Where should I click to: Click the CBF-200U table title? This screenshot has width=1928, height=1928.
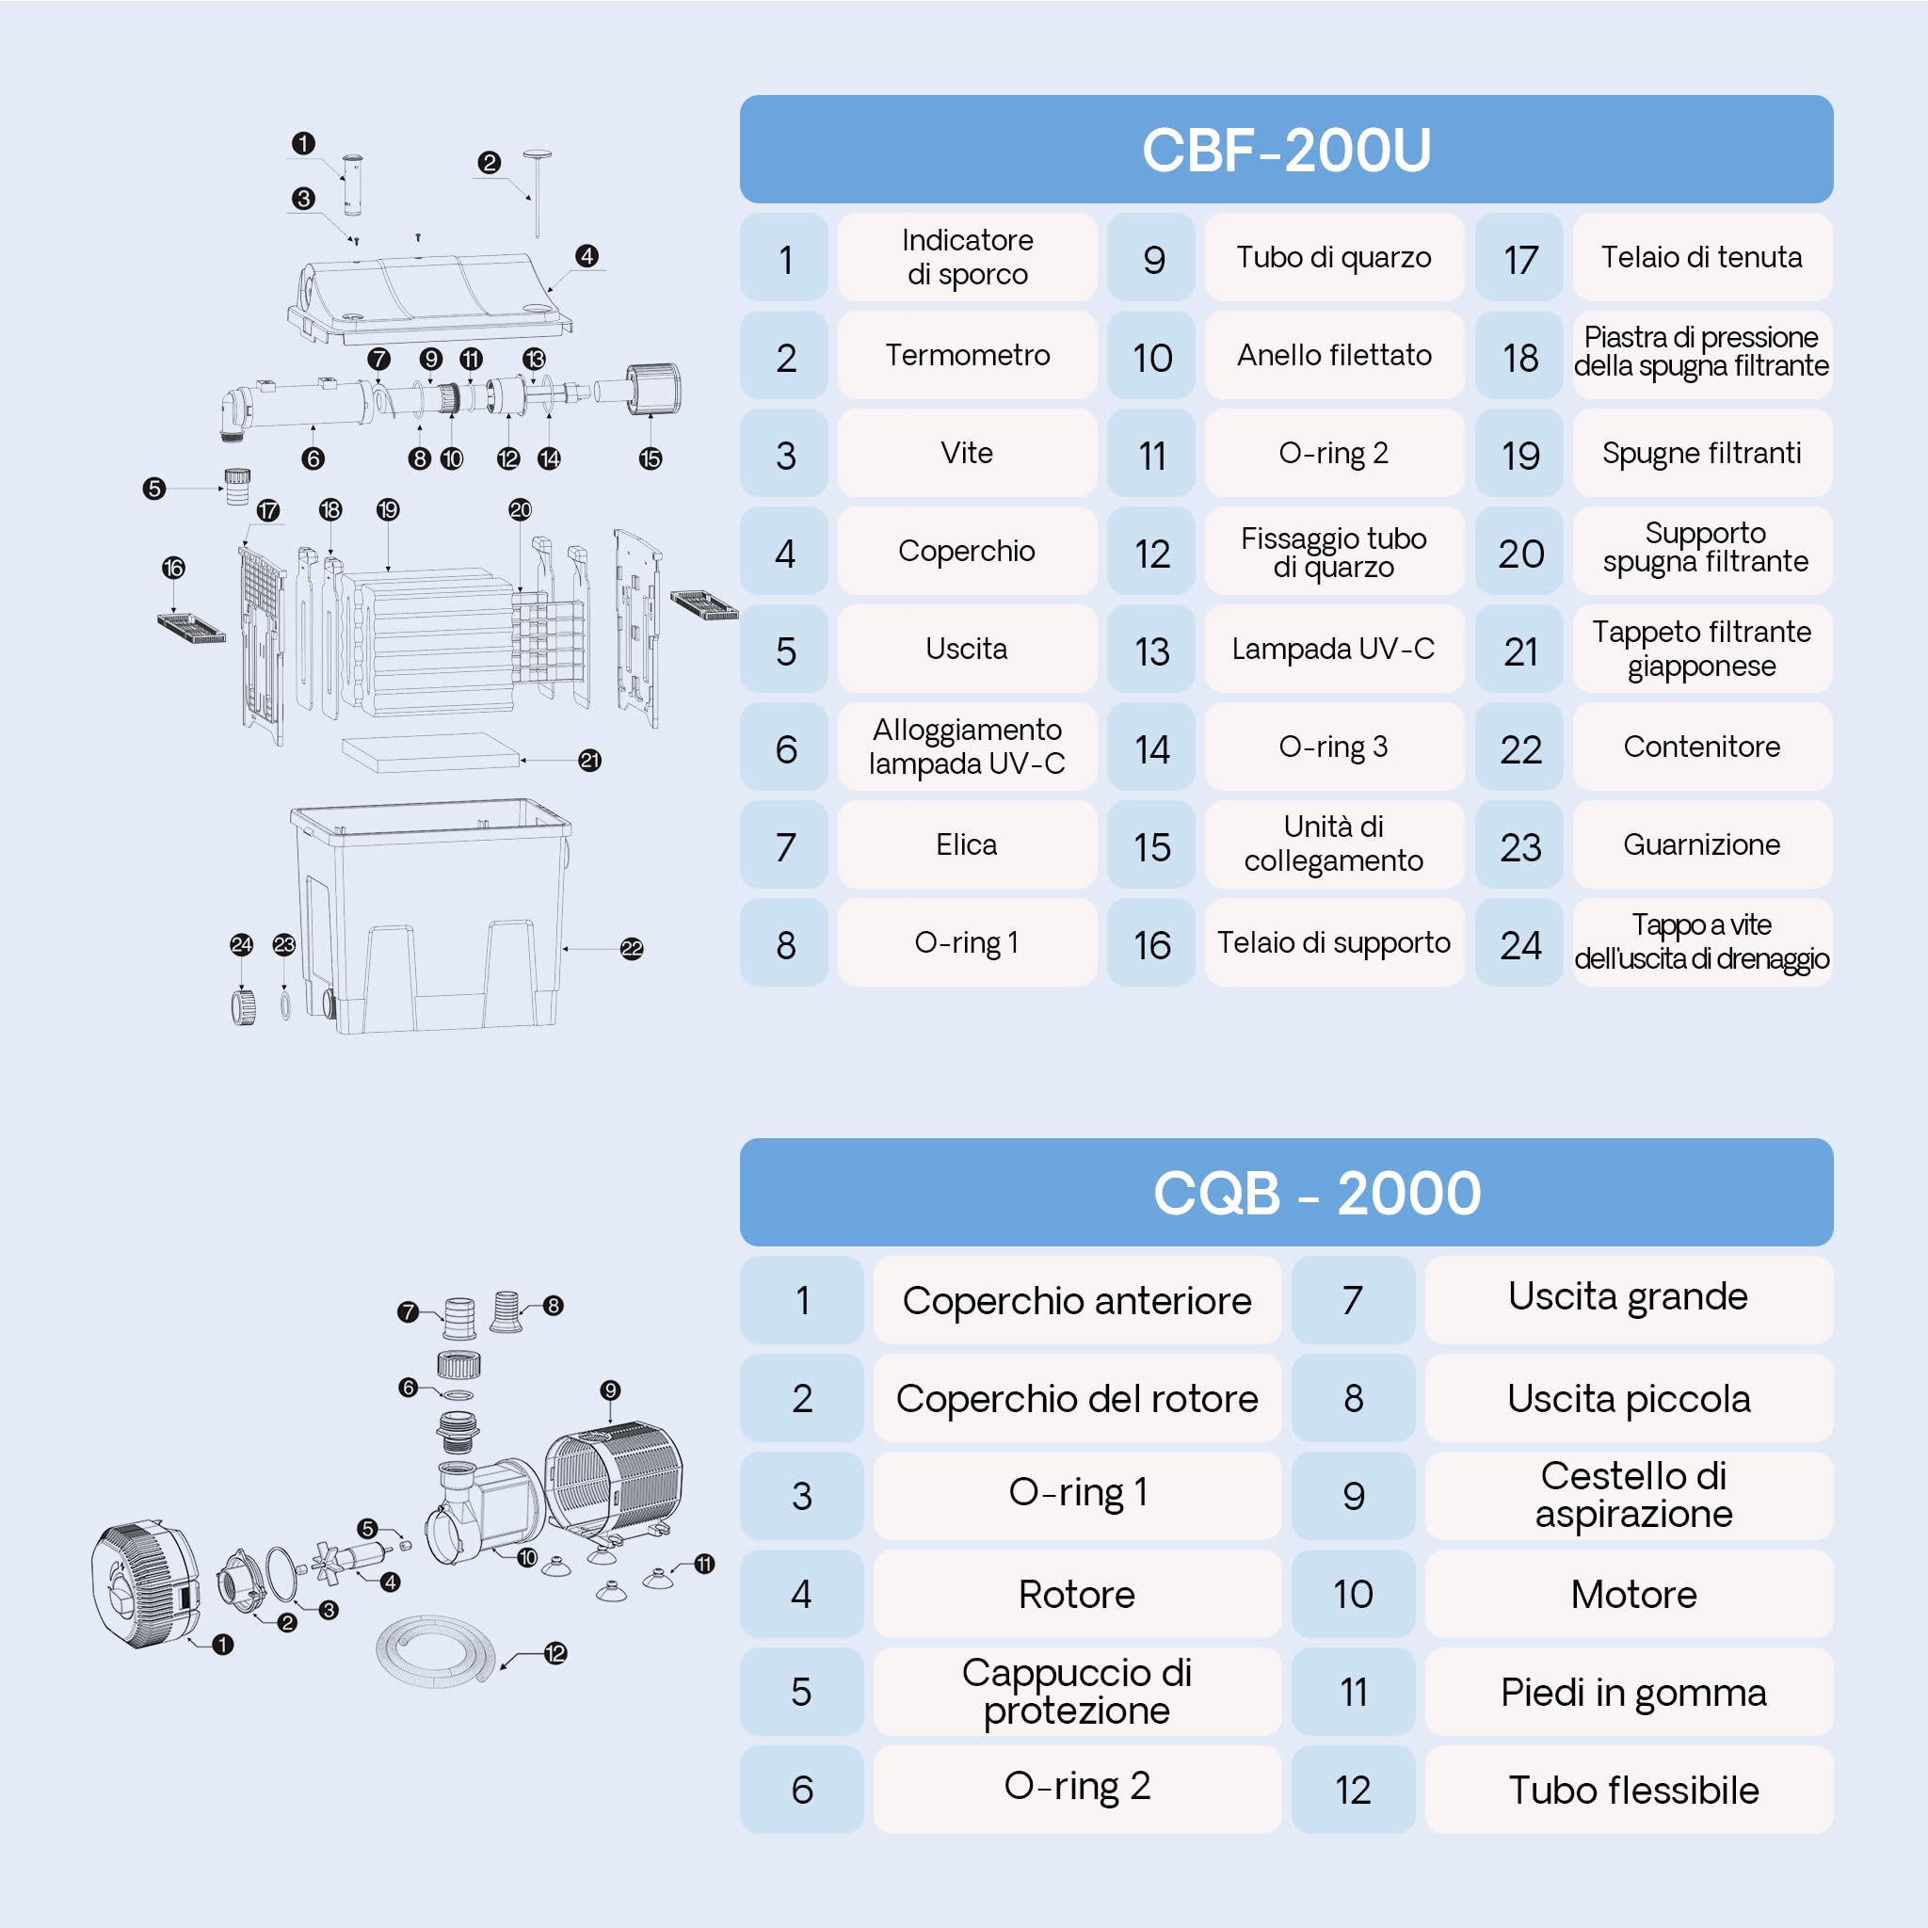click(1285, 150)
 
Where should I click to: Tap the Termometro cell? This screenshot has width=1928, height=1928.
click(967, 355)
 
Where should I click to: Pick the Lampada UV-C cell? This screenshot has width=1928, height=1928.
click(1333, 649)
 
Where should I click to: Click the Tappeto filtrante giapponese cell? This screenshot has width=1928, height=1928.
click(1701, 649)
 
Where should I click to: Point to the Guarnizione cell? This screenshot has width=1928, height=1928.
click(1701, 844)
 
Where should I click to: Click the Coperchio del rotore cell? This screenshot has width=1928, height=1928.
click(1077, 1397)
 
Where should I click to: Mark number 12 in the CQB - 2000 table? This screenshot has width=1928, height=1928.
click(1352, 1790)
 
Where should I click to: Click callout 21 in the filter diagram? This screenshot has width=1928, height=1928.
click(589, 761)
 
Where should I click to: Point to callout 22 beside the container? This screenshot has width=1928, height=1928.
click(632, 949)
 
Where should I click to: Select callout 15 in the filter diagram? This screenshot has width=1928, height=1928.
click(651, 459)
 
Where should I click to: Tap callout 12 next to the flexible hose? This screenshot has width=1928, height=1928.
click(555, 1653)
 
